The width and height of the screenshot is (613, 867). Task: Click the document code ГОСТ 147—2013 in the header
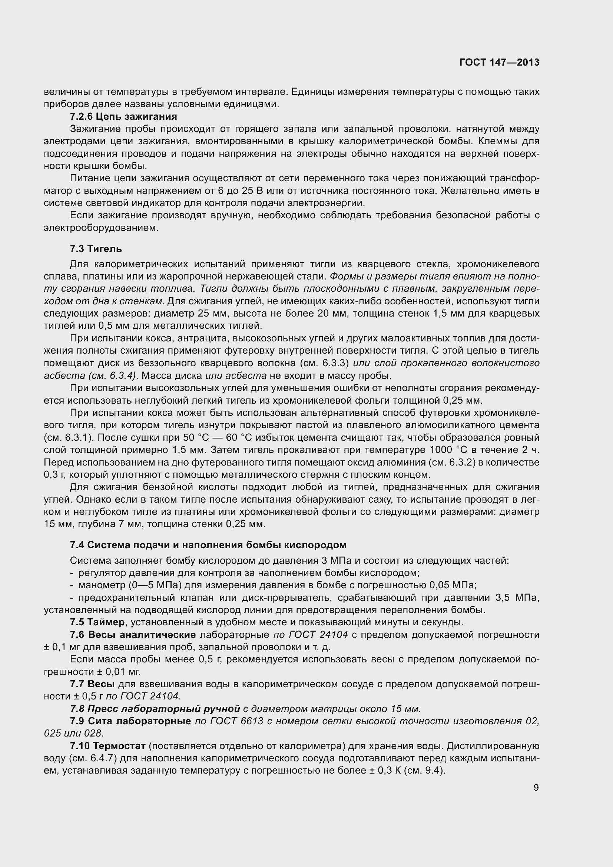[x=499, y=62]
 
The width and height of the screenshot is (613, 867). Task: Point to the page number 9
[x=536, y=787]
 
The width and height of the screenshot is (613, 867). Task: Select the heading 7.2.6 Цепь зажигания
[x=123, y=116]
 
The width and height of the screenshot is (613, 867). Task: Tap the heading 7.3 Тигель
[x=96, y=248]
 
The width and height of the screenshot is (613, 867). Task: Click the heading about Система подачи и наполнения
[x=208, y=545]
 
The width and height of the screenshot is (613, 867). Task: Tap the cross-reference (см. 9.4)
[x=425, y=770]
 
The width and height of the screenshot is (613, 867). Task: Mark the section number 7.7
[x=77, y=684]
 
